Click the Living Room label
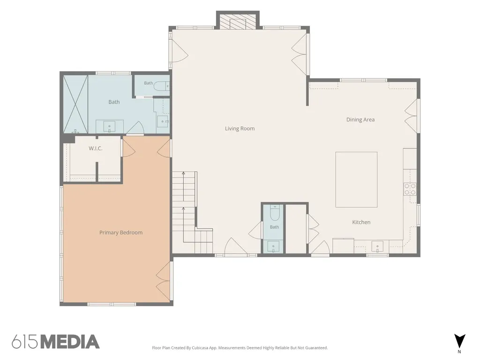click(x=240, y=128)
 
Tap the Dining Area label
click(x=360, y=120)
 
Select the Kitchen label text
click(x=361, y=222)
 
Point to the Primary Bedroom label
click(x=121, y=232)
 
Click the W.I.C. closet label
click(x=96, y=149)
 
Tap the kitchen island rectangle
click(x=356, y=180)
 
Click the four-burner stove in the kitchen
click(x=410, y=189)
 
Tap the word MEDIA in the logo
click(x=70, y=342)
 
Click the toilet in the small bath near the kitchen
click(x=275, y=213)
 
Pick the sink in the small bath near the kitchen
click(x=273, y=247)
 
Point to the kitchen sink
click(x=377, y=246)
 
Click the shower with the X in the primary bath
click(x=75, y=104)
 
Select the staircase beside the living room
click(x=192, y=212)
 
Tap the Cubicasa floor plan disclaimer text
click(x=240, y=348)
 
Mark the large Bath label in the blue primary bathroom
click(x=114, y=102)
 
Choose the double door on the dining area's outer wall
click(x=412, y=116)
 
